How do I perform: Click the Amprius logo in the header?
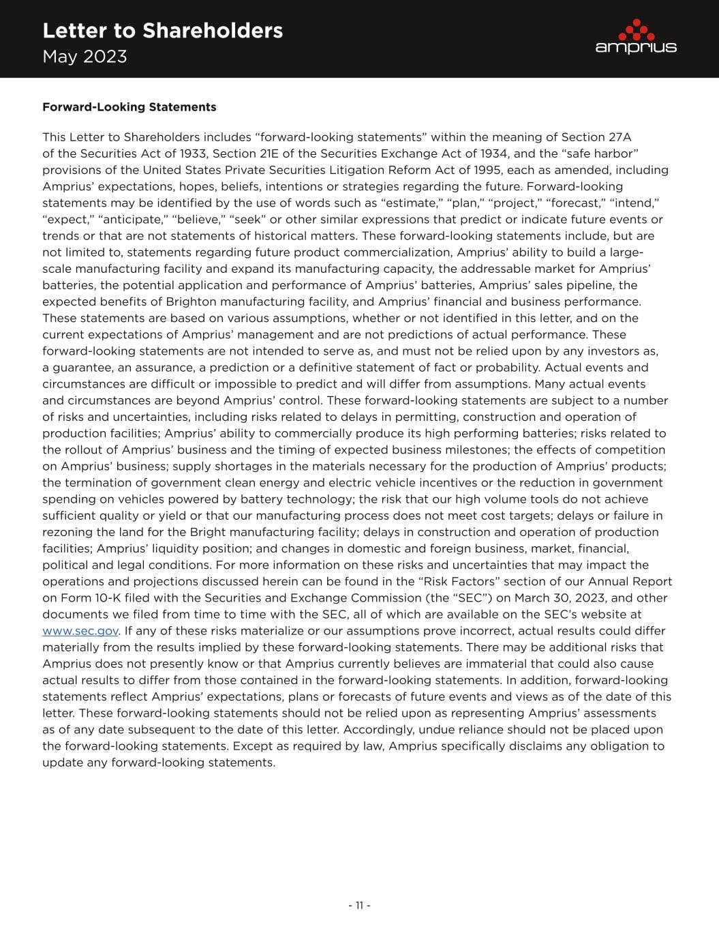[635, 37]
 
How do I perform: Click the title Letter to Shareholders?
[162, 31]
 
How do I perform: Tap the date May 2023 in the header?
[85, 57]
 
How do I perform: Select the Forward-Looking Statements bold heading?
[129, 107]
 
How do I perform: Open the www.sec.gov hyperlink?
[80, 631]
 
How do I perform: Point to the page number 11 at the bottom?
[359, 905]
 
